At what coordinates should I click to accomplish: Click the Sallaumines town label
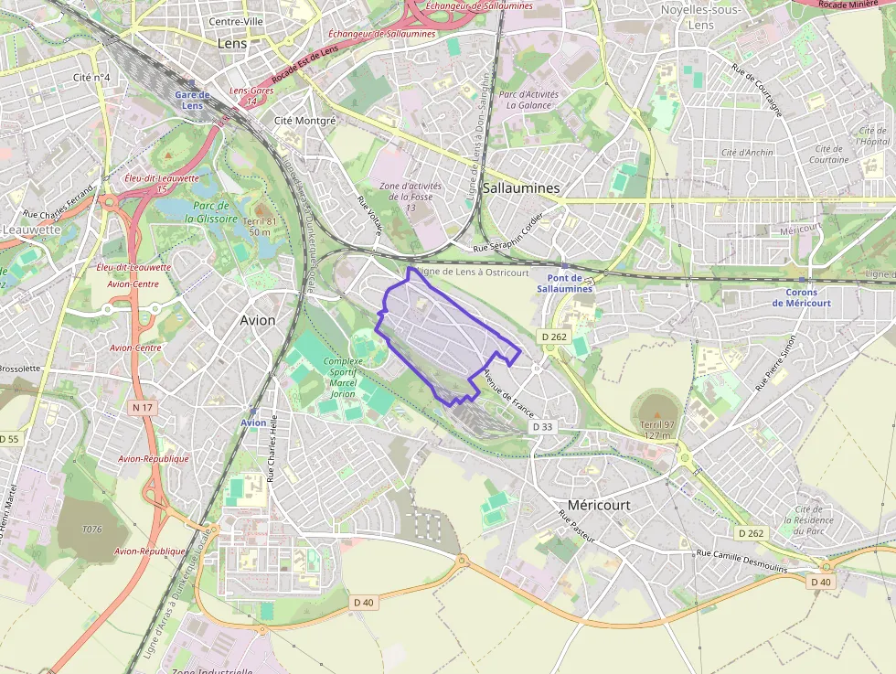tap(522, 187)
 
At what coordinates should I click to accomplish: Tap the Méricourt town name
tap(599, 505)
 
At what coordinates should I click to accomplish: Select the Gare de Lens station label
tap(192, 100)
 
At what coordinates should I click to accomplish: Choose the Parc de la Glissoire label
tap(211, 212)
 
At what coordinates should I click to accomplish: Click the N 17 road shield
tap(141, 407)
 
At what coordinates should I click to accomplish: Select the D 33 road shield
tap(543, 427)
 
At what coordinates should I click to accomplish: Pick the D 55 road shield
tap(8, 439)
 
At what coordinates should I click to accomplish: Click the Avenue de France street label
tap(508, 390)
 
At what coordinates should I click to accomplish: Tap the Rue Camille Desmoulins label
tap(741, 560)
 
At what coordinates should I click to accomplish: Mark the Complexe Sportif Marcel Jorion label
tap(343, 377)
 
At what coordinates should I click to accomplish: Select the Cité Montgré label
tap(305, 120)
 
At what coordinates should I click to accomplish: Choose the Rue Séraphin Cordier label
tap(507, 233)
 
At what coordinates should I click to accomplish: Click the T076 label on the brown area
tap(92, 530)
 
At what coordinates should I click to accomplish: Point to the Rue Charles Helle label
tap(271, 446)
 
